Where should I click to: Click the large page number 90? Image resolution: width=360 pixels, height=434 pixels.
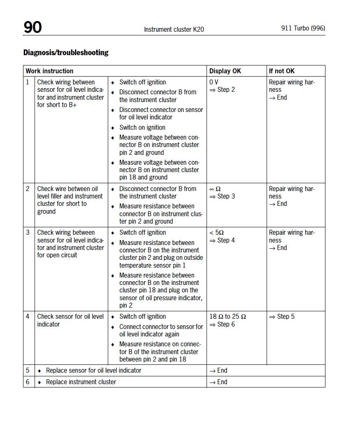coord(33,27)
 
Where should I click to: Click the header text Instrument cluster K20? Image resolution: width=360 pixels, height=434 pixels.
coord(174,29)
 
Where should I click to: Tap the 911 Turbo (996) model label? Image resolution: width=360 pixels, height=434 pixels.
coord(303,28)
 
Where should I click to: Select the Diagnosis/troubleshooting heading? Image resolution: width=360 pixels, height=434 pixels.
coord(66,52)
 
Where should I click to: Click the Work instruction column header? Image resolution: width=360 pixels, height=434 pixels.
coord(49,71)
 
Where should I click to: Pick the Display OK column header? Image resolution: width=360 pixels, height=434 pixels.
coord(225,71)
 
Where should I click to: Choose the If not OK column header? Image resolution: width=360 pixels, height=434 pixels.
coord(282,71)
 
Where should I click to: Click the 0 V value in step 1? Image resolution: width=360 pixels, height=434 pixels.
coord(214,82)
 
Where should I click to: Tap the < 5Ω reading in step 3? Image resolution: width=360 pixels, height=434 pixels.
coord(216,233)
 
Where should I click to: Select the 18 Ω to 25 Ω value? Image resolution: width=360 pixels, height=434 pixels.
coord(228,317)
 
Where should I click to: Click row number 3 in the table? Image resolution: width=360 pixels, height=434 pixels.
coord(28,233)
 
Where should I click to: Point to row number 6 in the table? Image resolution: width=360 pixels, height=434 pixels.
coord(28,382)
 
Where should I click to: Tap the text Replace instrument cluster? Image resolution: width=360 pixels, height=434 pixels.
coord(81,382)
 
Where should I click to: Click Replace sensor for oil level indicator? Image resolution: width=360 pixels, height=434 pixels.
coord(93,370)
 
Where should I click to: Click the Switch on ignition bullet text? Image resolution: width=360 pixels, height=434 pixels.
coord(142,127)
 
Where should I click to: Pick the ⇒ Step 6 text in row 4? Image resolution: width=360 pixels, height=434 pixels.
coord(222,324)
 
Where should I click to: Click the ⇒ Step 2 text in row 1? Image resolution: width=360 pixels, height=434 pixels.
coord(222,89)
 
